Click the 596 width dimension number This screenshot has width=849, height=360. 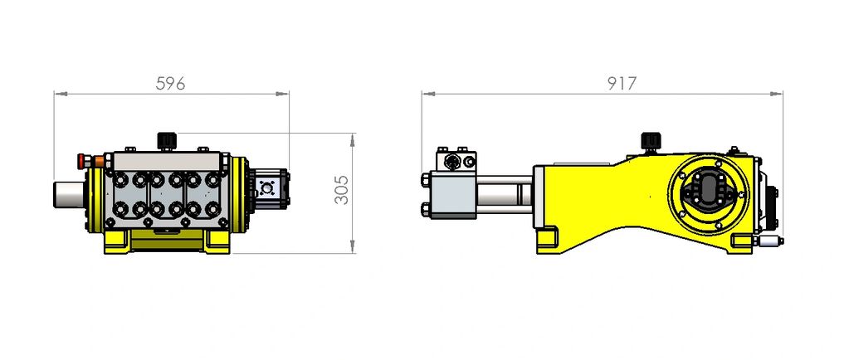(x=170, y=84)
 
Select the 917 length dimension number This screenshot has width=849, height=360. (x=622, y=84)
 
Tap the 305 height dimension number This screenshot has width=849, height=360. (x=342, y=190)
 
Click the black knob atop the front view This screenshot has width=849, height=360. (x=166, y=141)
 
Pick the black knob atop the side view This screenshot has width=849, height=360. (x=649, y=141)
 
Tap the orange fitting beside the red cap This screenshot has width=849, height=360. (x=99, y=161)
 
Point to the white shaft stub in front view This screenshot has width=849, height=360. (x=70, y=194)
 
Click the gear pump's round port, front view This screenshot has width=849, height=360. (x=267, y=187)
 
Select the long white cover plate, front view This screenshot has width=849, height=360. (x=168, y=161)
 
